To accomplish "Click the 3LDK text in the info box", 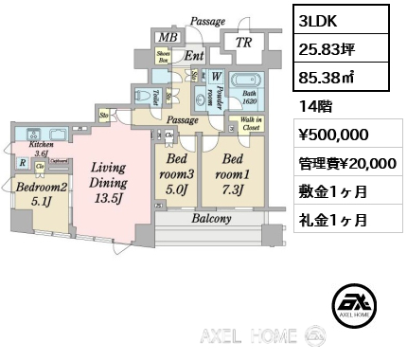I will pyautogui.click(x=315, y=21).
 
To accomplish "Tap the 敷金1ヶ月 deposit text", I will pyautogui.click(x=328, y=190).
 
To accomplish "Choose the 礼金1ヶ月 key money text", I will pyautogui.click(x=328, y=218).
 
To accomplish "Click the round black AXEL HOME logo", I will pyautogui.click(x=355, y=305).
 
